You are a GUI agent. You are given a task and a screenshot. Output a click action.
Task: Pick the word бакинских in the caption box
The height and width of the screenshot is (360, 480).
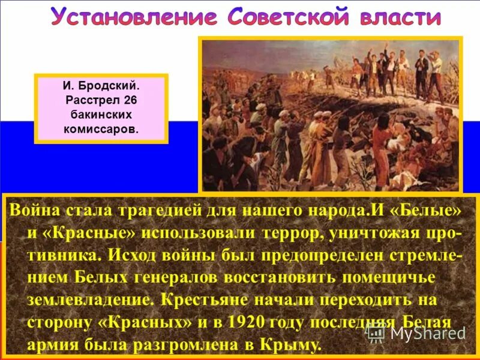click(101, 114)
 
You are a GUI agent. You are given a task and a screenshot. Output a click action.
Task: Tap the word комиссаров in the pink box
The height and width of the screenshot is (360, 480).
click(101, 128)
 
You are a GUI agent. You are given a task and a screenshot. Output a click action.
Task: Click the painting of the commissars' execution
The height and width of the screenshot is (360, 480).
click(330, 114)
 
